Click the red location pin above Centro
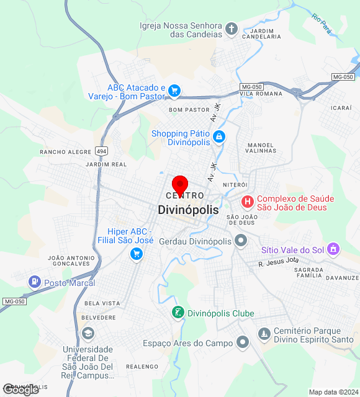pyautogui.click(x=180, y=184)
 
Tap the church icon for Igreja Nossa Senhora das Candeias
pyautogui.click(x=231, y=29)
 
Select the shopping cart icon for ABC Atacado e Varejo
pyautogui.click(x=174, y=91)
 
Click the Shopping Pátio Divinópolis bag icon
pyautogui.click(x=218, y=136)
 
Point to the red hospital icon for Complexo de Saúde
pyautogui.click(x=247, y=202)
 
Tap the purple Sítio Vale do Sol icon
pyautogui.click(x=333, y=249)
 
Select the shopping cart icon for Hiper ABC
pyautogui.click(x=137, y=253)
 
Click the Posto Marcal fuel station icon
pyautogui.click(x=34, y=282)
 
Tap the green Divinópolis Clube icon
pyautogui.click(x=178, y=313)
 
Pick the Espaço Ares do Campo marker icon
pyautogui.click(x=243, y=342)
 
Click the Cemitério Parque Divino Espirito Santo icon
pyautogui.click(x=264, y=334)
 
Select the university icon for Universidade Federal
pyautogui.click(x=88, y=334)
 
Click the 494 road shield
pyautogui.click(x=101, y=151)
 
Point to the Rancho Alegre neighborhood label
pyautogui.click(x=65, y=151)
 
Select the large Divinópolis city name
pyautogui.click(x=188, y=210)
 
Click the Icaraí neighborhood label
pyautogui.click(x=341, y=108)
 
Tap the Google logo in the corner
pyautogui.click(x=20, y=389)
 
